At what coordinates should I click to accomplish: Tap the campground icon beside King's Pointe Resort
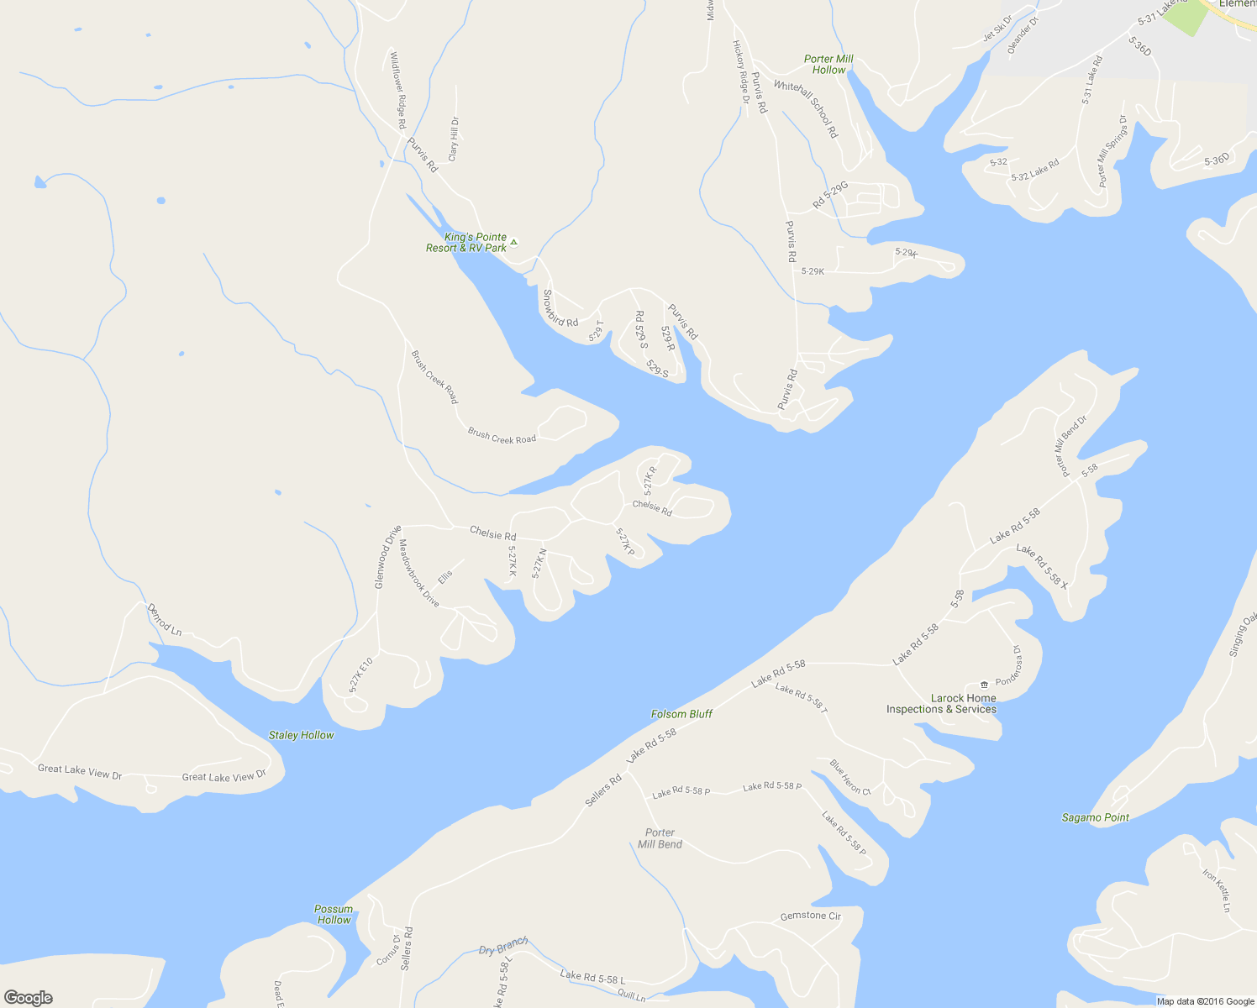point(513,243)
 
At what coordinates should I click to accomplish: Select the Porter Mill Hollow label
point(828,65)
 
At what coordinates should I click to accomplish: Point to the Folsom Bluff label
point(681,714)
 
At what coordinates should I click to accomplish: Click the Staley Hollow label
point(301,735)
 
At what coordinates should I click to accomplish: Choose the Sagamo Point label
point(1095,817)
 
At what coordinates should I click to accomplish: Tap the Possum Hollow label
point(334,915)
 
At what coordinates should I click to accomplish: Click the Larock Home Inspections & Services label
point(941,704)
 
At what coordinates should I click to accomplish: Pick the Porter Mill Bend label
point(660,838)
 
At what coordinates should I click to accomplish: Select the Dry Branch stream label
point(502,947)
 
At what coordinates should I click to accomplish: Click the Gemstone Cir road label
point(810,916)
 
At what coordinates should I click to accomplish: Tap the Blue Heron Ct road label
point(850,777)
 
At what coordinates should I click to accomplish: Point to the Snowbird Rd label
point(560,308)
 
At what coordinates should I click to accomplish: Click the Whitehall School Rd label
point(807,108)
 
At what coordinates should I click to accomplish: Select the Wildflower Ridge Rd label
point(397,90)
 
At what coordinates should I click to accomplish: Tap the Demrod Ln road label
point(164,619)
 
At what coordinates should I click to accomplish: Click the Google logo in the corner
point(28,998)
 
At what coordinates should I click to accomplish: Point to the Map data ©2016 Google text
point(1203,1001)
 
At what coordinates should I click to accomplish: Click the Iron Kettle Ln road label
point(1216,890)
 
